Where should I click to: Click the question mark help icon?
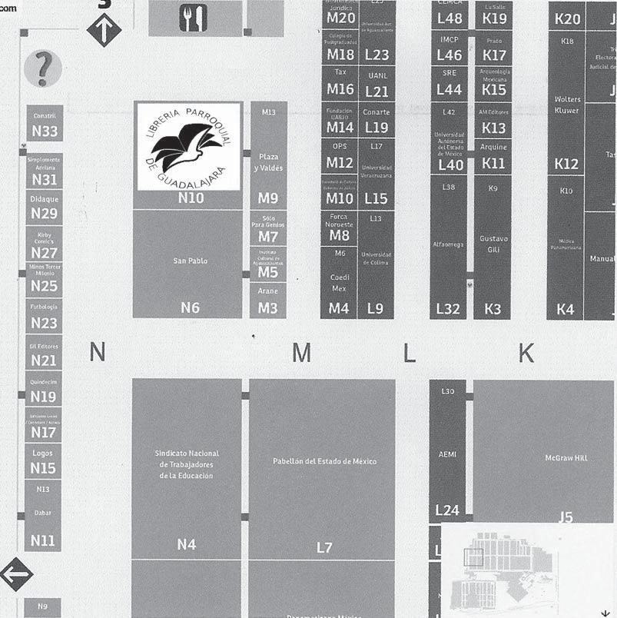(x=43, y=69)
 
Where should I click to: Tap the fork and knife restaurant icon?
(x=194, y=18)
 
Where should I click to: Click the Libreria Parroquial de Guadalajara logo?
(x=188, y=146)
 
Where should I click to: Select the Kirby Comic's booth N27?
(x=45, y=244)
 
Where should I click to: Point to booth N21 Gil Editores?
(x=45, y=353)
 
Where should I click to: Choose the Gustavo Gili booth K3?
(x=493, y=246)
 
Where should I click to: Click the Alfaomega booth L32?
(x=448, y=246)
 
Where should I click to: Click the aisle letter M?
(x=302, y=353)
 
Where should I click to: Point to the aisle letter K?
(x=526, y=353)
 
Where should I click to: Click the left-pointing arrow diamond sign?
(x=17, y=573)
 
